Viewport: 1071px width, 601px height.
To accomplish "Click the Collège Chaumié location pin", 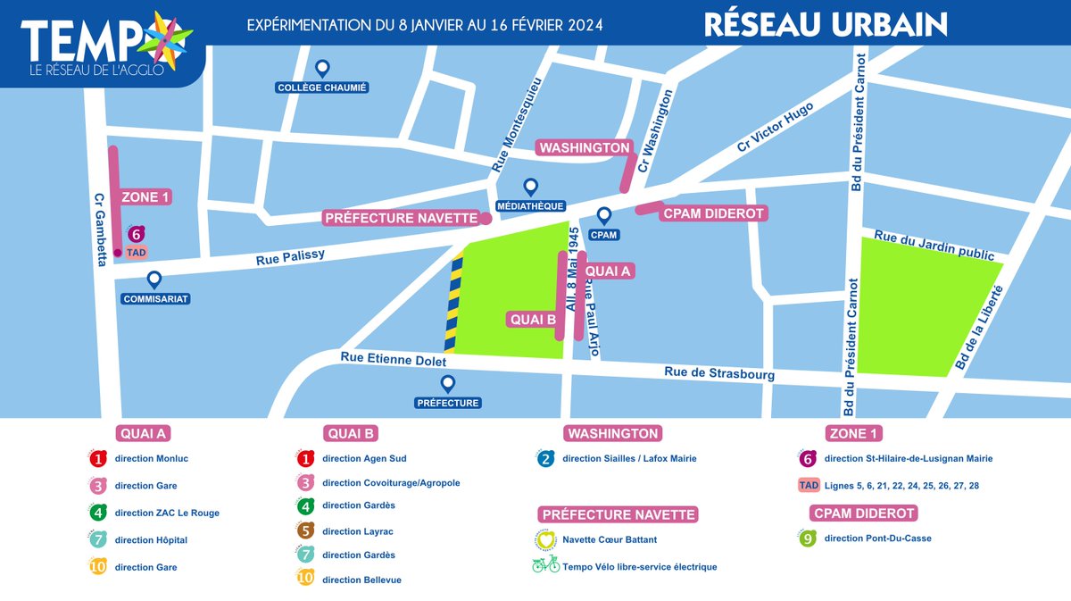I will pos(323,68).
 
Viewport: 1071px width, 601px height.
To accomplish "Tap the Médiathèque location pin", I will pos(530,187).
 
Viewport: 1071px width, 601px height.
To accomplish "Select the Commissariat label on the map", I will pos(155,299).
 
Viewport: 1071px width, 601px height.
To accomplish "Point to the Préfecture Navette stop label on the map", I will pos(401,218).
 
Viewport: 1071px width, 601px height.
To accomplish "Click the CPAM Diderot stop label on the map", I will pos(712,213).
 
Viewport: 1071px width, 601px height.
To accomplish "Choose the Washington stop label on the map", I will pos(584,147).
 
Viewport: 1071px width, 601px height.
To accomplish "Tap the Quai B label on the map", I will pos(533,320).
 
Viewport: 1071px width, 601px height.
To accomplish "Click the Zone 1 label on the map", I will pos(145,197).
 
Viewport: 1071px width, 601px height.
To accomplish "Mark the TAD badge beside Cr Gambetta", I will pos(137,253).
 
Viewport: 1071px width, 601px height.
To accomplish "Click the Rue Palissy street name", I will pos(290,257).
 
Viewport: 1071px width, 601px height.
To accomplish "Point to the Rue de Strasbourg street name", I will pos(718,373).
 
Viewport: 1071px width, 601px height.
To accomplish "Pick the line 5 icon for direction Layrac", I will pos(305,531).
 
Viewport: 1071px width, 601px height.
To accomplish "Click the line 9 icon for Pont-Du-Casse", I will pos(808,538).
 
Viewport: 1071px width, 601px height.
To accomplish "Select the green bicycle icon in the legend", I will pos(545,566).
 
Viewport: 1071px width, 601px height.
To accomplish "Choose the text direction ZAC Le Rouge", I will pos(167,513).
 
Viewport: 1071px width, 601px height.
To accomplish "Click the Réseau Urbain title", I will pos(826,23).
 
